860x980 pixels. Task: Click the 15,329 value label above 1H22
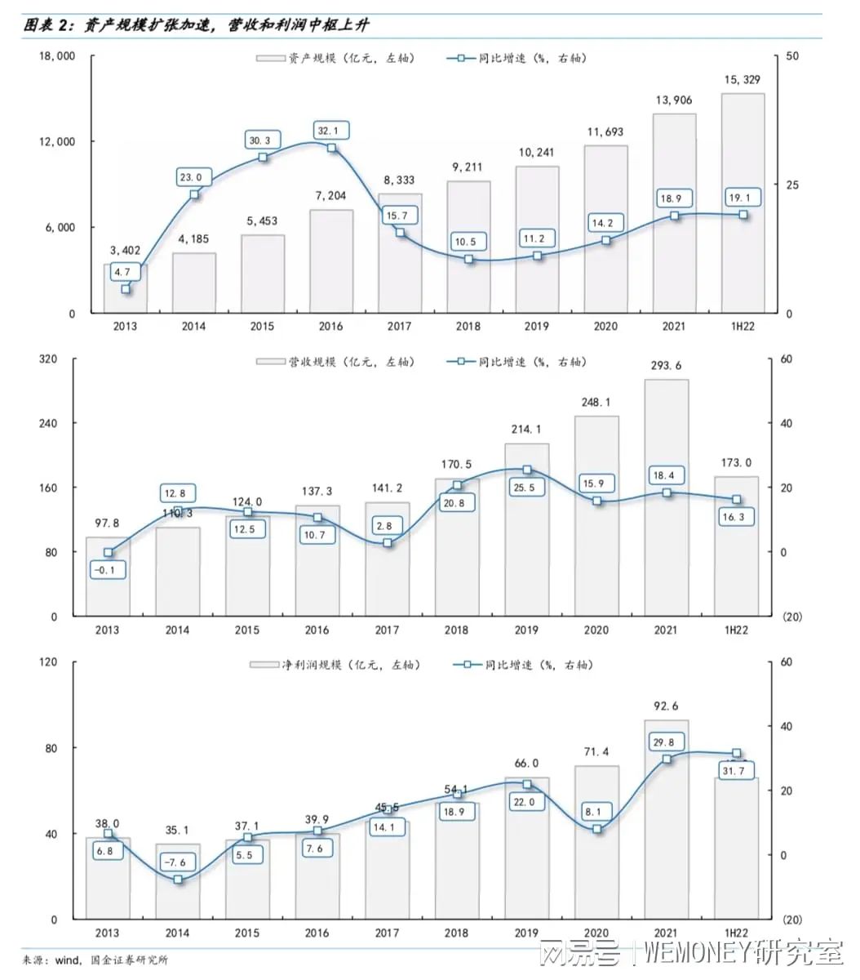tap(743, 80)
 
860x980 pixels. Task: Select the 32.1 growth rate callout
tap(332, 131)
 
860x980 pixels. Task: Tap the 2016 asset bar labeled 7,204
tap(331, 261)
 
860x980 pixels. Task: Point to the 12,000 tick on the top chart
tap(57, 142)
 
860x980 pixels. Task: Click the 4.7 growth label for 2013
tap(122, 272)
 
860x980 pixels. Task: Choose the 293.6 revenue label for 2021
tap(666, 366)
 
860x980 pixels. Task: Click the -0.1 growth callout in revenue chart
tap(106, 569)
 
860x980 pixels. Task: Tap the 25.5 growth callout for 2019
tap(526, 488)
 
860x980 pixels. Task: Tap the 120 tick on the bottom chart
tap(48, 662)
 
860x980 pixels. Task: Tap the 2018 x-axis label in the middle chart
tap(456, 630)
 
